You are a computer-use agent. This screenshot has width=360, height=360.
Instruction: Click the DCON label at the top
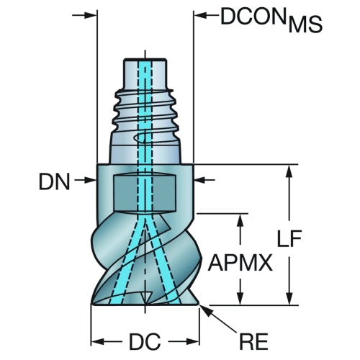[x=253, y=17]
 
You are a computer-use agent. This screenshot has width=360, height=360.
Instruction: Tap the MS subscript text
[x=305, y=25]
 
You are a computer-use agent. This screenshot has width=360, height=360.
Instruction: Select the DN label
[x=55, y=181]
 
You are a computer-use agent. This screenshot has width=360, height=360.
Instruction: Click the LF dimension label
[x=289, y=238]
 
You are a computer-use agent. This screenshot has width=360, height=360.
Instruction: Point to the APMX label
[x=240, y=263]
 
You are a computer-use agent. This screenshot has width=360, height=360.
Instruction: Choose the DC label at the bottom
[x=145, y=342]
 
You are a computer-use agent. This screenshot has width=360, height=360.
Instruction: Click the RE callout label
[x=253, y=341]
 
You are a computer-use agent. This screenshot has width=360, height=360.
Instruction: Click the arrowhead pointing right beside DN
[x=91, y=180]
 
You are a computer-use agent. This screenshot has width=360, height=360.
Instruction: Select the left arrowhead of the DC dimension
[x=97, y=341]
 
